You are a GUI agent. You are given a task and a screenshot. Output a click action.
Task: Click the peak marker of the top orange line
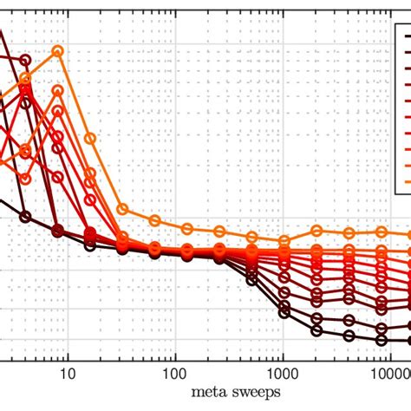pos(58,51)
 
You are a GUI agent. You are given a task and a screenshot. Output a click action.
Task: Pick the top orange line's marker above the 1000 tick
pos(284,240)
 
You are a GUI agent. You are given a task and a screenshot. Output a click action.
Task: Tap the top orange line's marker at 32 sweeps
pos(122,209)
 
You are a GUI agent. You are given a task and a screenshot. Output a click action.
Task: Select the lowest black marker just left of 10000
pos(382,340)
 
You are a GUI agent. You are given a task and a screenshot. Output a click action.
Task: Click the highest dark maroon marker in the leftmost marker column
pos(26,60)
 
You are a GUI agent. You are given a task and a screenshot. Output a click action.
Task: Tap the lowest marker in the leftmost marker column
pos(26,216)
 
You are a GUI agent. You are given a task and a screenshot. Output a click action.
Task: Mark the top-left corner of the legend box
pos(395,24)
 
